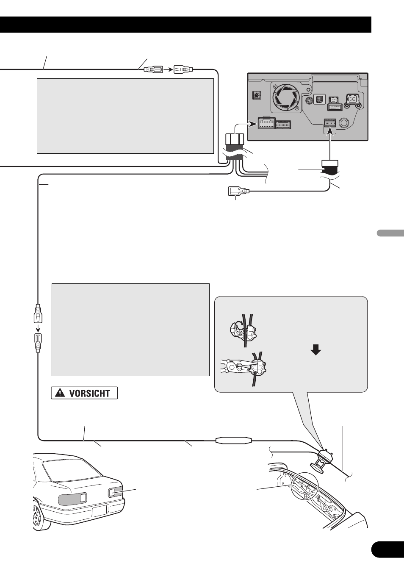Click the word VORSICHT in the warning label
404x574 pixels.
tap(89, 394)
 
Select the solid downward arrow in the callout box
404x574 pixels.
tap(316, 350)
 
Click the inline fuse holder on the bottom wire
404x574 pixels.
tap(234, 441)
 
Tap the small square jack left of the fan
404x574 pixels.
tap(256, 96)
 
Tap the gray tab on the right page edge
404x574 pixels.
tap(390, 233)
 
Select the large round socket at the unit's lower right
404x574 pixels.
tap(344, 123)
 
